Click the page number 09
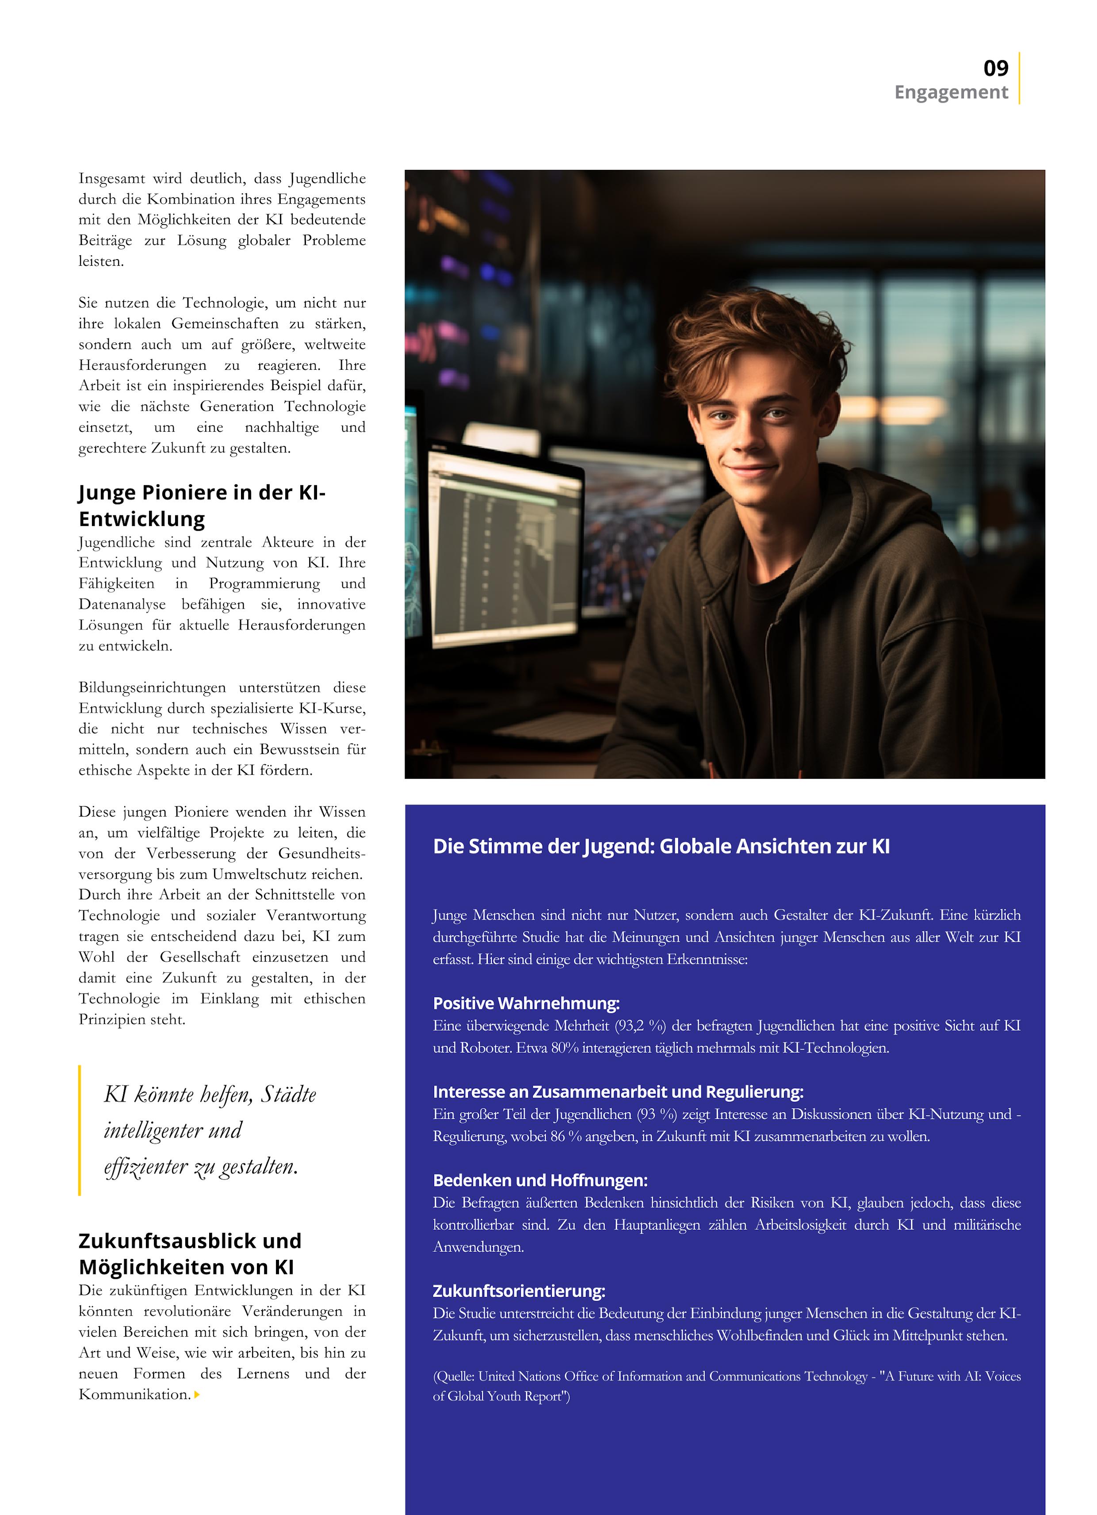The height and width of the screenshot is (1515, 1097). pos(995,68)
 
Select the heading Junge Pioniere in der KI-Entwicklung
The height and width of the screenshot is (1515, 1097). pos(202,506)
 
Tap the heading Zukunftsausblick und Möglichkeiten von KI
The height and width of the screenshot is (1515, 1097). pos(190,1254)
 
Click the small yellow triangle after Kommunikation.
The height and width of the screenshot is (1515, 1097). pos(197,1395)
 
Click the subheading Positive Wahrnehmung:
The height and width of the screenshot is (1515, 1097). pos(526,1003)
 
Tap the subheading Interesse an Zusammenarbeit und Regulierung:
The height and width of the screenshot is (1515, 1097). pos(618,1092)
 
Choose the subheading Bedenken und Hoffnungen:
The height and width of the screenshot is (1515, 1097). pos(539,1180)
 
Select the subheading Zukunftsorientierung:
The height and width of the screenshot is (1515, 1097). pos(519,1291)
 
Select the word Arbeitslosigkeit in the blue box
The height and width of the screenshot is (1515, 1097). pos(800,1225)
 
